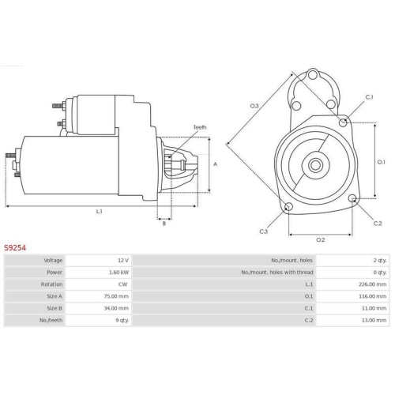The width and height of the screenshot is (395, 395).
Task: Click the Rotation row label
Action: click(x=53, y=284)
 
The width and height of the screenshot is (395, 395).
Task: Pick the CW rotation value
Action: click(x=122, y=284)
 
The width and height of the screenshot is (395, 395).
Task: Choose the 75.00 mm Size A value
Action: click(x=117, y=295)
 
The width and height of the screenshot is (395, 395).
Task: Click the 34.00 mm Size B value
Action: click(x=117, y=307)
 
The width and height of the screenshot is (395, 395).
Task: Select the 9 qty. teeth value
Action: click(x=120, y=319)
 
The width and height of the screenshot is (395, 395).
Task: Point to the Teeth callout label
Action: click(x=200, y=127)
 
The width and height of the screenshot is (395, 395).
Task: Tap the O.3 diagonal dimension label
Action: click(x=254, y=105)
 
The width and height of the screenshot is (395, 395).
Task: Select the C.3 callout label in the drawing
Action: click(x=263, y=231)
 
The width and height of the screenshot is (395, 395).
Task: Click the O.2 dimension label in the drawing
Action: click(x=321, y=239)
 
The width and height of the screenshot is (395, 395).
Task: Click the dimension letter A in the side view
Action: click(x=215, y=164)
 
